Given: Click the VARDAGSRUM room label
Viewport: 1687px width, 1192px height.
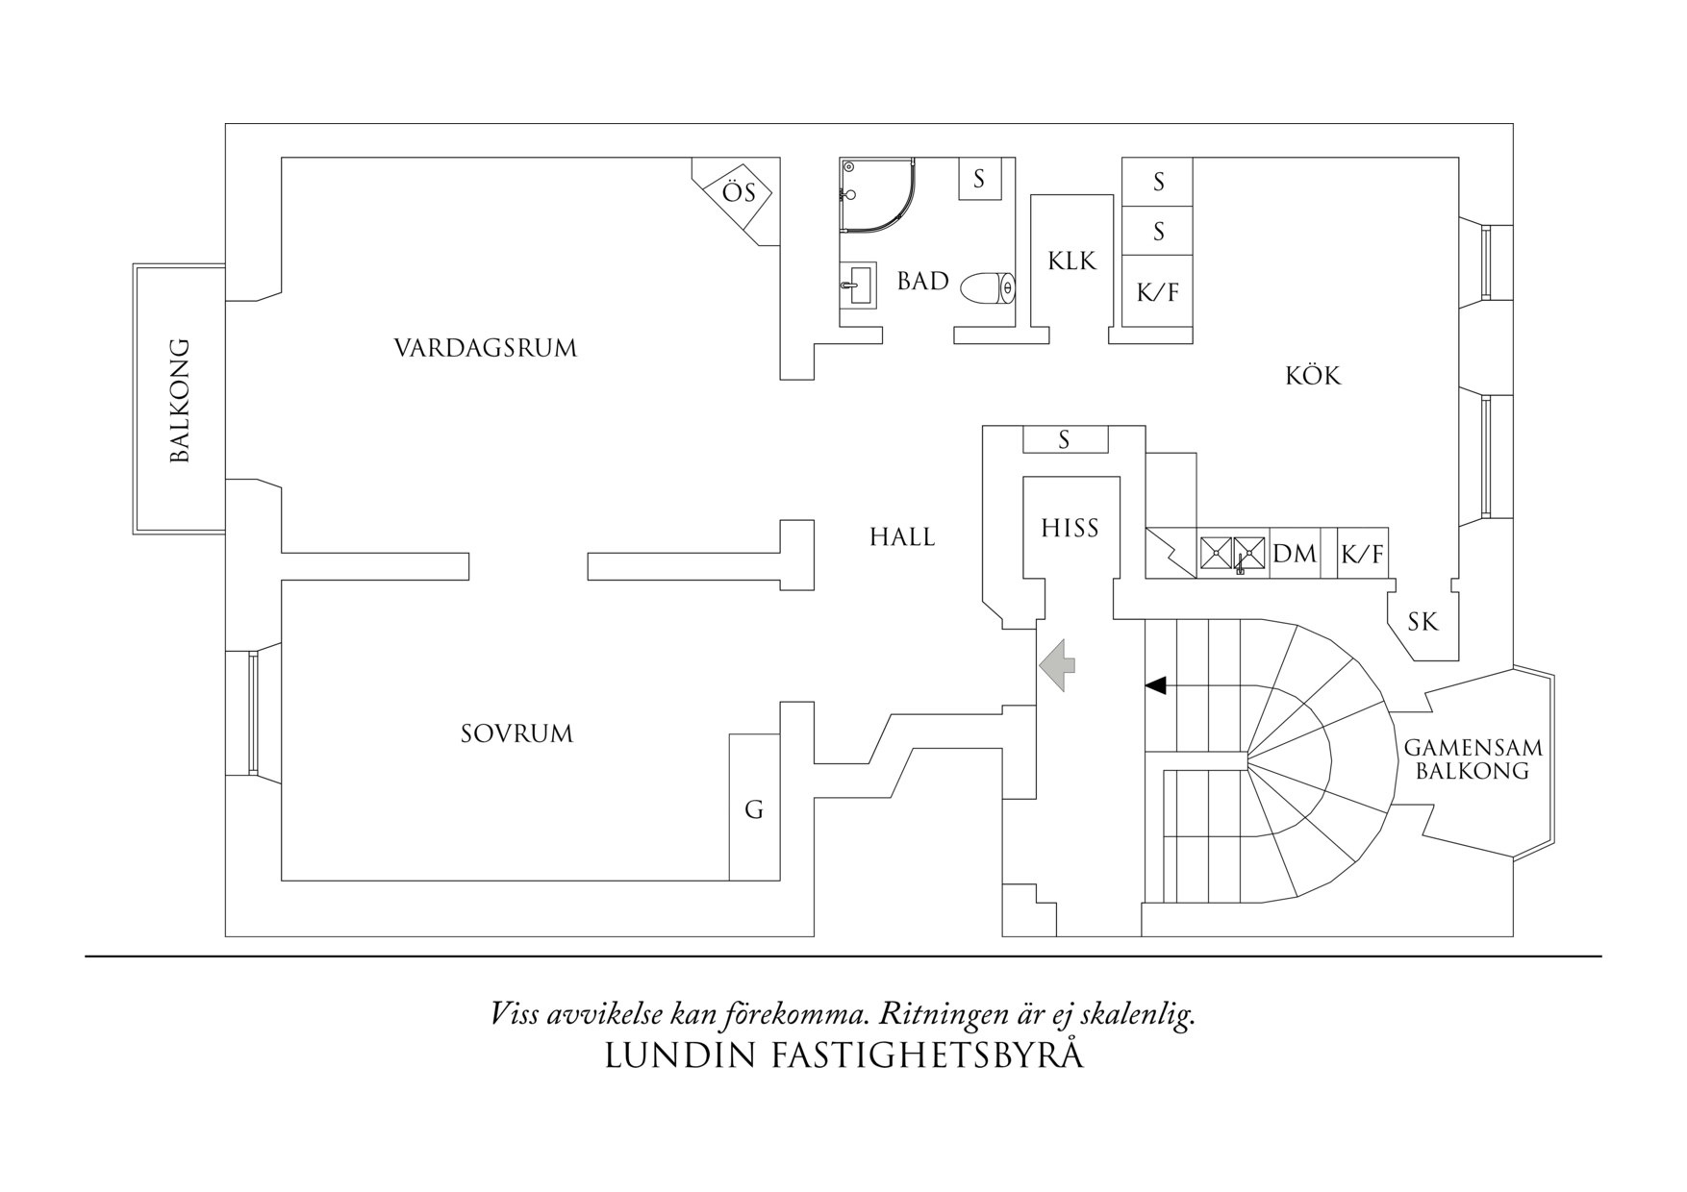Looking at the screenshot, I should pyautogui.click(x=485, y=348).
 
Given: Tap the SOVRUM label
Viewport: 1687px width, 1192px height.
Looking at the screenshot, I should pyautogui.click(x=516, y=734).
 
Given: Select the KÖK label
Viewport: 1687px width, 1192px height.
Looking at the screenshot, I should pyautogui.click(x=1313, y=376).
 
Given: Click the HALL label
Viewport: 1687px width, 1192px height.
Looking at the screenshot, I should pyautogui.click(x=902, y=537).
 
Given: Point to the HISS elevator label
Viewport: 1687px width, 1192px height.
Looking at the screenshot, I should pyautogui.click(x=1070, y=528).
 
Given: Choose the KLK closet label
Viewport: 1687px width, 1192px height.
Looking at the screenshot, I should pyautogui.click(x=1071, y=261).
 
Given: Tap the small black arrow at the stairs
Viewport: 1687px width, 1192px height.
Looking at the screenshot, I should pyautogui.click(x=1155, y=685).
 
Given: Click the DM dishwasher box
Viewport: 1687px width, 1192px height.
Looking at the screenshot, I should pyautogui.click(x=1295, y=554).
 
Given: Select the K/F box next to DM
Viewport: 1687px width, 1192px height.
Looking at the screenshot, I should pyautogui.click(x=1362, y=554).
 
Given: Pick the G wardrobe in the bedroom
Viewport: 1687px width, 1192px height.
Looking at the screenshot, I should pyautogui.click(x=754, y=809).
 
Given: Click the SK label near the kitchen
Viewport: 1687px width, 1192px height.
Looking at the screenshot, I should pyautogui.click(x=1423, y=622).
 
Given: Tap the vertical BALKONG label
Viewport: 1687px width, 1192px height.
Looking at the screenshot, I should pyautogui.click(x=180, y=400).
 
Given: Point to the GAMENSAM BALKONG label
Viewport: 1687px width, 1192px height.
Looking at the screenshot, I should pyautogui.click(x=1473, y=758).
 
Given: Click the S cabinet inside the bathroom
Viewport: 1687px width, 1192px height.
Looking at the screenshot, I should pyautogui.click(x=979, y=179).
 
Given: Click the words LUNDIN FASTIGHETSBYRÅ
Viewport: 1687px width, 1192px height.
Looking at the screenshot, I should pyautogui.click(x=843, y=1056).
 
